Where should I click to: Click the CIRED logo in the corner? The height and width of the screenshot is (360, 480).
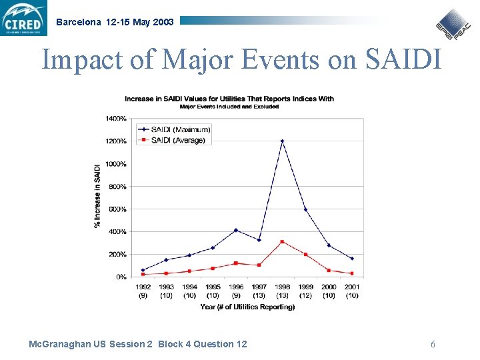[x=25, y=18]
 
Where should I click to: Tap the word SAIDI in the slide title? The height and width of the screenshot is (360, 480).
[x=403, y=60]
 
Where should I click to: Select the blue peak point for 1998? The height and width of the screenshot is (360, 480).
[x=282, y=141]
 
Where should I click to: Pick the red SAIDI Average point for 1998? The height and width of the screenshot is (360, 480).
[x=282, y=241]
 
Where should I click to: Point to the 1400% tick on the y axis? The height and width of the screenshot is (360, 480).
[x=116, y=119]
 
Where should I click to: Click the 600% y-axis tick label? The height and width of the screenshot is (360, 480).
[x=117, y=209]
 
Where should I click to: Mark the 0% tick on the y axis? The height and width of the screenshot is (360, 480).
[x=121, y=277]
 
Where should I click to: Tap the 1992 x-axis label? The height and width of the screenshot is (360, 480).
[x=143, y=287]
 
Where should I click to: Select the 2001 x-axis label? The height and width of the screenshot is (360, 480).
[x=352, y=287]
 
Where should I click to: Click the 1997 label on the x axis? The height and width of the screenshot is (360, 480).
[x=259, y=287]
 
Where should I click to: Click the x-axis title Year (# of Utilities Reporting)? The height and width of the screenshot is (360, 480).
[x=247, y=307]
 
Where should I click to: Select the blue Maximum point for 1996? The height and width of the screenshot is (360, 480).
[x=235, y=230]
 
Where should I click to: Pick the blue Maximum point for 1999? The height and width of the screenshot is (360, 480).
[x=305, y=209]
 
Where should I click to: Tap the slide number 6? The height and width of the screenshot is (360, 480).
[x=433, y=344]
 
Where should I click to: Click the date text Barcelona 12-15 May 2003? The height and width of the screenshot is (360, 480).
[x=115, y=22]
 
